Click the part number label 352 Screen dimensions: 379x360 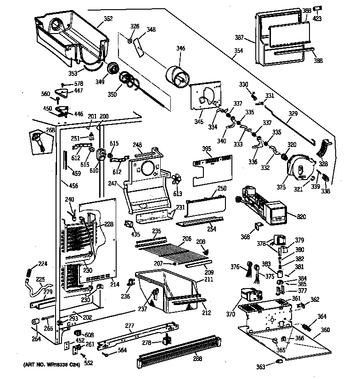pyautogui.click(x=108, y=19)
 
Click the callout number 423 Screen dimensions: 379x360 pyautogui.click(x=317, y=19)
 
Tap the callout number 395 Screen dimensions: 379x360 pyautogui.click(x=207, y=149)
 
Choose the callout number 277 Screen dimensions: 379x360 pyautogui.click(x=130, y=326)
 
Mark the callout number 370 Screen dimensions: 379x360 pyautogui.click(x=230, y=315)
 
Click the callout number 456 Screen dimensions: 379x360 pyautogui.click(x=73, y=186)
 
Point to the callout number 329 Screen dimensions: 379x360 pyautogui.click(x=292, y=113)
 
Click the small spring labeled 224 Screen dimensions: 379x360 pyautogui.click(x=29, y=272)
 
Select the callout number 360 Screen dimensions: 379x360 pyautogui.click(x=325, y=330)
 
